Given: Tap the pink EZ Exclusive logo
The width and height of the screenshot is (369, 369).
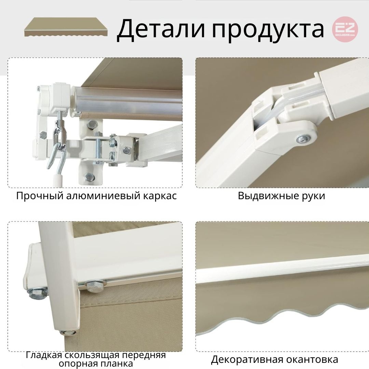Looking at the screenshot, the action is [345, 29].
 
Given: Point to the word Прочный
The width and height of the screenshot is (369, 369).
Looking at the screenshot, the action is [40, 196].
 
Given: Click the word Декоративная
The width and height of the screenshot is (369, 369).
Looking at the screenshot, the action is [247, 359].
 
